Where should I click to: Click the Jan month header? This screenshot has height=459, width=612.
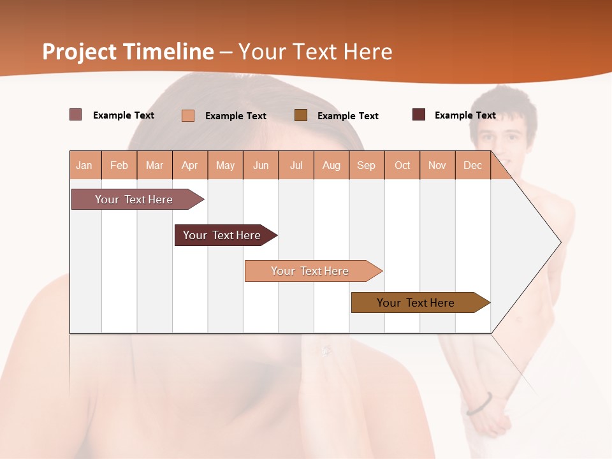pyautogui.click(x=84, y=166)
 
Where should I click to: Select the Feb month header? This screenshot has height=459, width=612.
pyautogui.click(x=119, y=166)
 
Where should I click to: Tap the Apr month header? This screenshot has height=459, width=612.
pyautogui.click(x=189, y=166)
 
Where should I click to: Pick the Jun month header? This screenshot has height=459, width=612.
pyautogui.click(x=261, y=166)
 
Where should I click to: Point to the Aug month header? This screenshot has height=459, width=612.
pyautogui.click(x=331, y=166)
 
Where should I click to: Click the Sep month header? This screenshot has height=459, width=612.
pyautogui.click(x=366, y=166)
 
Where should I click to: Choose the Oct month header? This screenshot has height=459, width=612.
pyautogui.click(x=402, y=166)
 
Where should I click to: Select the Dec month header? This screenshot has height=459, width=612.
pyautogui.click(x=472, y=166)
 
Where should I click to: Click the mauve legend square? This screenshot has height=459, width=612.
pyautogui.click(x=75, y=115)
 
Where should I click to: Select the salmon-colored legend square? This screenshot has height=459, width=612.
pyautogui.click(x=187, y=115)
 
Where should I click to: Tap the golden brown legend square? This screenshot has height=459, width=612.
pyautogui.click(x=301, y=115)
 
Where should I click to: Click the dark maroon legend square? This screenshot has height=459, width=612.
pyautogui.click(x=419, y=115)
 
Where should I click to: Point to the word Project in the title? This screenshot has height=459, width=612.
pyautogui.click(x=80, y=52)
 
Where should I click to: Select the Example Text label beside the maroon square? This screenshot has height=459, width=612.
pyautogui.click(x=465, y=115)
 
